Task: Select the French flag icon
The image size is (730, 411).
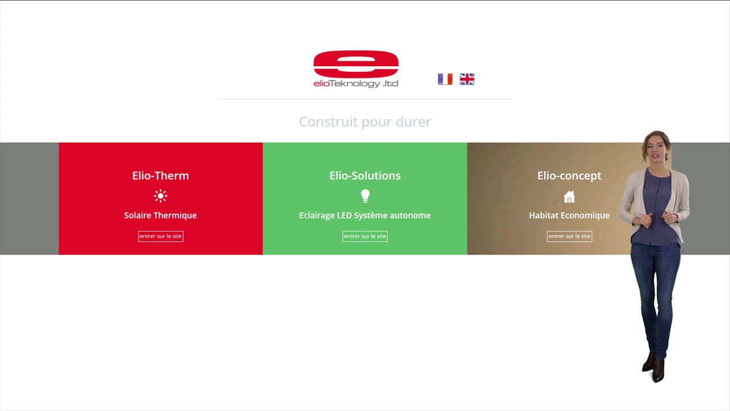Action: (x=445, y=79)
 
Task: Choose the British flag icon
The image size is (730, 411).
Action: (x=467, y=79)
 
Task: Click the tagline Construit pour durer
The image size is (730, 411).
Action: (x=365, y=122)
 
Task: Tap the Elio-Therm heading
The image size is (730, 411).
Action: (x=160, y=176)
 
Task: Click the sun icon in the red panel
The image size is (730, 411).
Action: (x=160, y=196)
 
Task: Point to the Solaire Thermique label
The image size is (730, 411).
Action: (x=160, y=215)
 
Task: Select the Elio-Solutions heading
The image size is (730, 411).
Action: (x=365, y=176)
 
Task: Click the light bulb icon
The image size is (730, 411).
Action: (x=366, y=196)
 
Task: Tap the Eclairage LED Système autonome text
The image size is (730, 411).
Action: (x=365, y=215)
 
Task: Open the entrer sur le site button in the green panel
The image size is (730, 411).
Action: (x=365, y=236)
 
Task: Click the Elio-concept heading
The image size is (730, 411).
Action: (x=569, y=176)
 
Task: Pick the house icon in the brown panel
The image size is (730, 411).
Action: (x=569, y=197)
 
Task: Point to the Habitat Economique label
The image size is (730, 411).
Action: (x=569, y=215)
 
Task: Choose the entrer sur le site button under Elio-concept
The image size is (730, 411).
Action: (x=569, y=236)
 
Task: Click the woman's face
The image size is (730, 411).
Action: (x=654, y=148)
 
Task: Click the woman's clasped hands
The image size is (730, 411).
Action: (x=656, y=218)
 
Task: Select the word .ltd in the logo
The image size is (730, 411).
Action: (x=391, y=84)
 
